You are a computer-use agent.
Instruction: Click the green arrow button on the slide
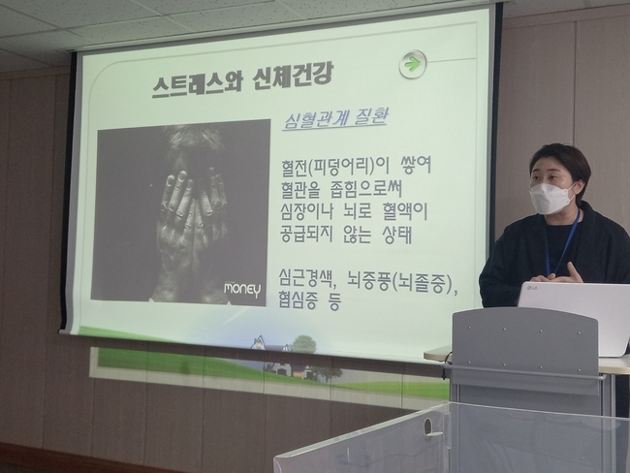(413, 64)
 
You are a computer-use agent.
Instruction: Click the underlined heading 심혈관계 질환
(335, 119)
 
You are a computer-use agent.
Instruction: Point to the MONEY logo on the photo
(242, 289)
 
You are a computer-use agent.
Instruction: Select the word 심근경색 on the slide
(307, 278)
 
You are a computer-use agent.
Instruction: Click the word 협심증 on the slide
(299, 300)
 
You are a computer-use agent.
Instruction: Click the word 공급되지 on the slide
(305, 236)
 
